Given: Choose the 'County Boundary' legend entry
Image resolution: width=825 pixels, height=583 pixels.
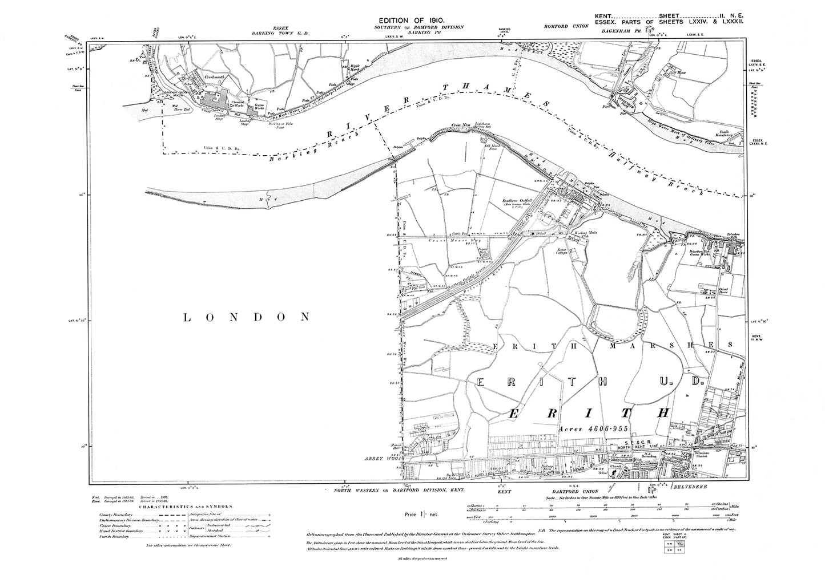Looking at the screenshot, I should pos(115,515).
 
